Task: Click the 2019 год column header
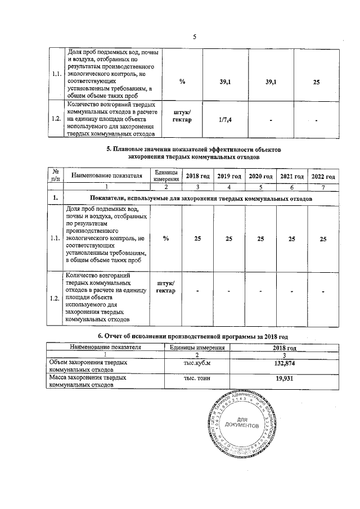(x=229, y=177)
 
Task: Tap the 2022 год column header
(x=323, y=177)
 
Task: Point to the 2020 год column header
(x=260, y=177)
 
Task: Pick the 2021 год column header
(x=292, y=177)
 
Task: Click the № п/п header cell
(x=55, y=176)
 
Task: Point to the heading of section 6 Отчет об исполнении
(x=193, y=336)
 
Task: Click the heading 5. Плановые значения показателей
(x=193, y=153)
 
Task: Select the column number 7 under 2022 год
(x=323, y=187)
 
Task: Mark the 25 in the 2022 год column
(x=323, y=239)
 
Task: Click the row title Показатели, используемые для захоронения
(x=201, y=199)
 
